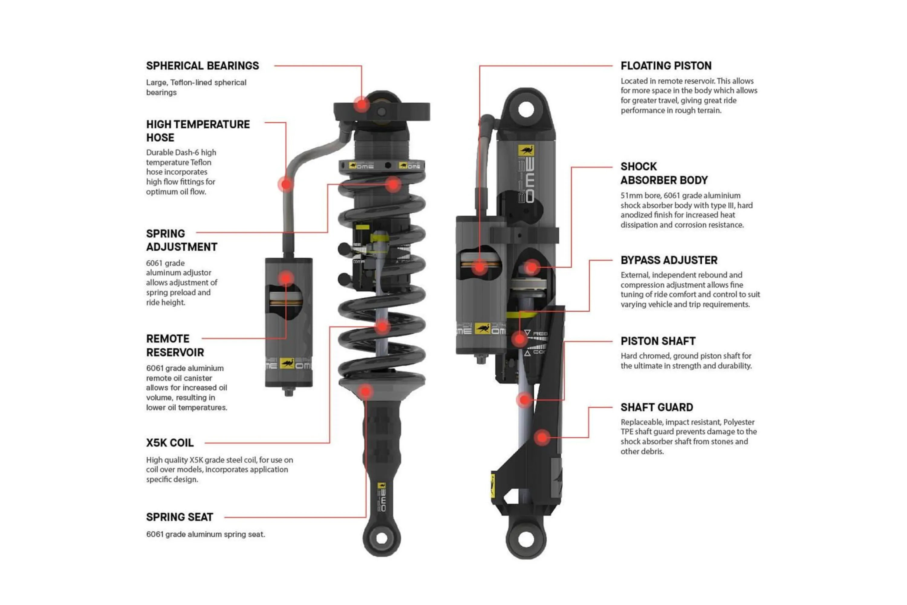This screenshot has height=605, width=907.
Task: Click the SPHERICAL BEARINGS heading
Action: [203, 66]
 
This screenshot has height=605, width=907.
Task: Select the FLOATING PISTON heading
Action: [666, 66]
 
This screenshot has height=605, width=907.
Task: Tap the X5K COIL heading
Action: [170, 443]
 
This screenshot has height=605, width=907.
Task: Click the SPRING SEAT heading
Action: [180, 517]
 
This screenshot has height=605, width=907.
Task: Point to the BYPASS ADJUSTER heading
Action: [669, 260]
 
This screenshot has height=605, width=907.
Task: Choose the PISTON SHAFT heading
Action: [658, 341]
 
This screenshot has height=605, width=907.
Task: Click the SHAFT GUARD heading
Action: [657, 407]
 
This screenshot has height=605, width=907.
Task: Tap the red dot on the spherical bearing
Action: [362, 105]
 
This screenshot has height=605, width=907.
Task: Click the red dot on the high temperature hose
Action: [286, 185]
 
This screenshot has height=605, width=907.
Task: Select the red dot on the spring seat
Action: [365, 392]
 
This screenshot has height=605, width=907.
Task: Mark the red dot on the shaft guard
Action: [542, 437]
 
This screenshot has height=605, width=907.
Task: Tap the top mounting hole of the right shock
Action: [526, 109]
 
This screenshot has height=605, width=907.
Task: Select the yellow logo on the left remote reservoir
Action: [287, 363]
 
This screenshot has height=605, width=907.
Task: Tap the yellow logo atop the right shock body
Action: [526, 150]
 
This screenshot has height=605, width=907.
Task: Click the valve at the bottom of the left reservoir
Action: [288, 392]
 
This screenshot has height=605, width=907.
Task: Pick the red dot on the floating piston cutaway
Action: [480, 267]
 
